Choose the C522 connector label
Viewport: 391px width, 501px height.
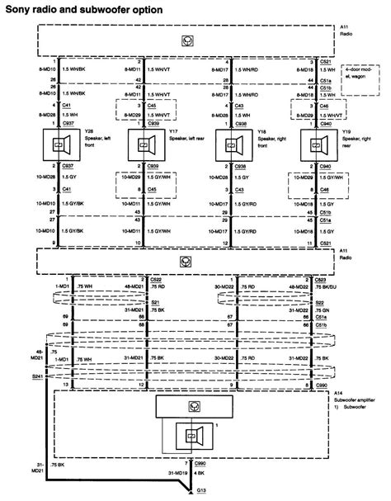pyautogui.click(x=157, y=279)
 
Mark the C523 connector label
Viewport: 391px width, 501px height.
pyautogui.click(x=326, y=279)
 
